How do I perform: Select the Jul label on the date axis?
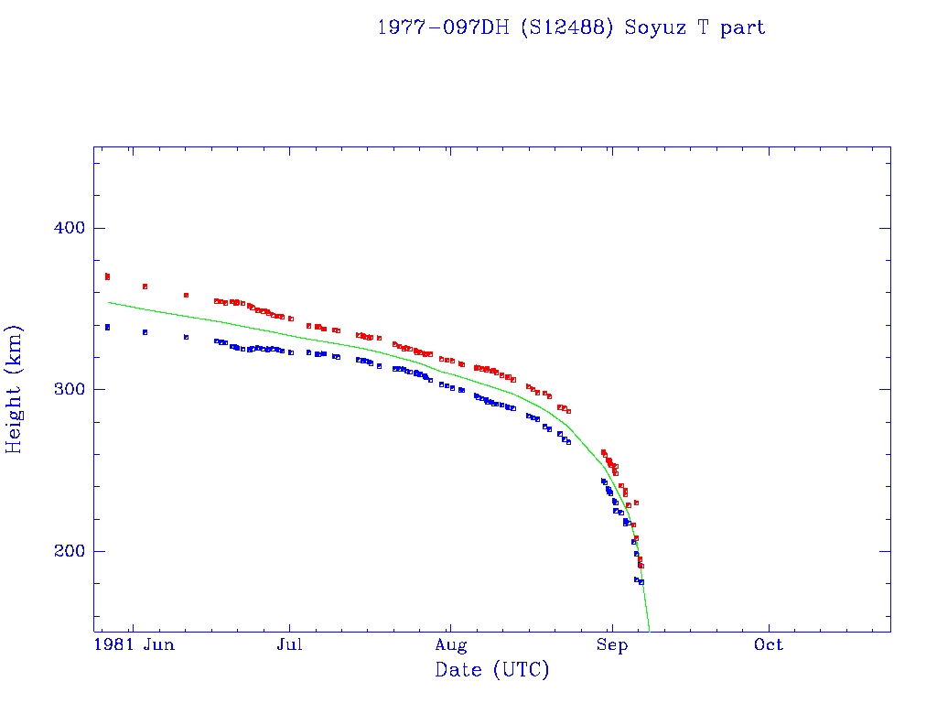coord(290,645)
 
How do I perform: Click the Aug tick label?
coord(449,645)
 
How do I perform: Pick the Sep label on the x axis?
coord(611,645)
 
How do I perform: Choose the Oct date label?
coord(769,645)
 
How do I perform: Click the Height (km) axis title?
coord(15,389)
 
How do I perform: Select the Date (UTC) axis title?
coord(492,670)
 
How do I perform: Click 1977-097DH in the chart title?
coord(443,27)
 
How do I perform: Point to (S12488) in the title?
coord(567,27)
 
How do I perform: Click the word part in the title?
coord(742,27)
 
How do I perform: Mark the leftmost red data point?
coord(107,276)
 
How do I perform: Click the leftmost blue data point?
coord(107,327)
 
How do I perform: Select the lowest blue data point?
coord(641,582)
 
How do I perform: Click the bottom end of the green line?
coord(649,630)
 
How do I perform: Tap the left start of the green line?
coord(109,302)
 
